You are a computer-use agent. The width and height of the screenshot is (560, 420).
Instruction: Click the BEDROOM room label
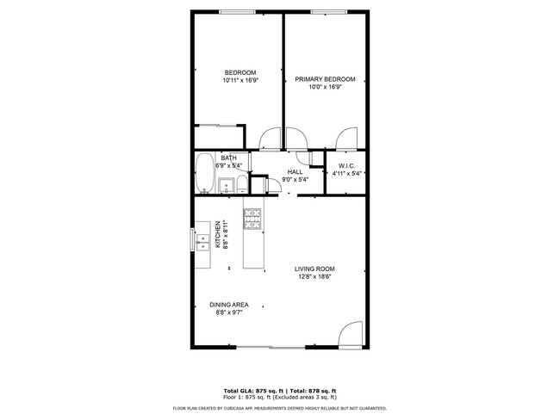click(240, 71)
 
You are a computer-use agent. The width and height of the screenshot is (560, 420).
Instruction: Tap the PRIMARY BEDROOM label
click(325, 79)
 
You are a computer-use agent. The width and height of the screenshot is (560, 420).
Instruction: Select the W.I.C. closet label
click(346, 165)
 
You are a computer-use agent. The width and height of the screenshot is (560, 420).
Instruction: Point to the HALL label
click(295, 172)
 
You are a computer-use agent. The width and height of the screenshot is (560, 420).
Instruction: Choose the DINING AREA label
click(229, 305)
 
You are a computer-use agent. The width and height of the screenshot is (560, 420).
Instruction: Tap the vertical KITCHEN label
click(218, 234)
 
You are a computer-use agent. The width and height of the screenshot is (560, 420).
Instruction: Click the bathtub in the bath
click(205, 174)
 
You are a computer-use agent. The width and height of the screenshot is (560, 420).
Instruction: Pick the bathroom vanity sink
click(226, 185)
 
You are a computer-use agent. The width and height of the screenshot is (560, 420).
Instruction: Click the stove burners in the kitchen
click(252, 219)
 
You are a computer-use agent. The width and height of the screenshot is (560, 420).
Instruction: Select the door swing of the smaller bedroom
click(269, 137)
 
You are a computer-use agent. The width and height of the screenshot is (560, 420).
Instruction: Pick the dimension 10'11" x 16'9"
click(240, 79)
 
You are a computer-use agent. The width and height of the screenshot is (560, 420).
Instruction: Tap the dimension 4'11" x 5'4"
click(346, 173)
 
